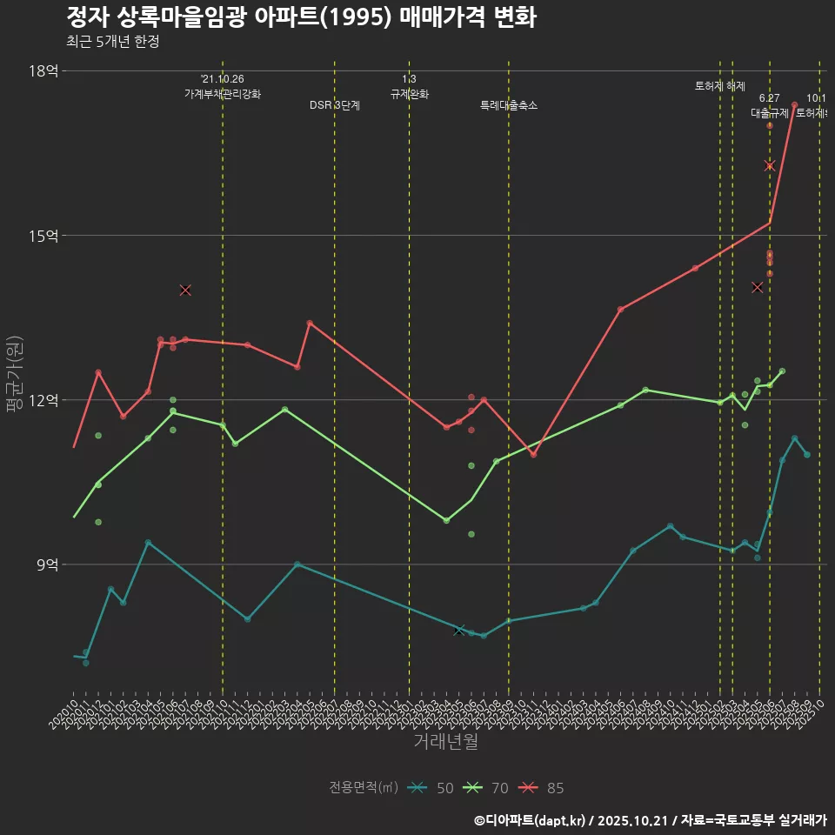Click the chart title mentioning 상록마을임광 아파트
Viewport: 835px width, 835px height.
point(301,17)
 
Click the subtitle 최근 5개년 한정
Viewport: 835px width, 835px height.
point(112,42)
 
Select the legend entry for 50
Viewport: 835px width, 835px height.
point(431,788)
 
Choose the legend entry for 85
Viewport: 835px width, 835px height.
point(542,788)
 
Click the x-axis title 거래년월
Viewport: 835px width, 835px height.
point(445,742)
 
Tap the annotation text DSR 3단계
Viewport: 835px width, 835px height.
point(335,105)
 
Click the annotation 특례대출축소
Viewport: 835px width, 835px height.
point(509,105)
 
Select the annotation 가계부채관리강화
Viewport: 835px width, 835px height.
point(223,94)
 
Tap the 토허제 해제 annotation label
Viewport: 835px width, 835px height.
point(720,86)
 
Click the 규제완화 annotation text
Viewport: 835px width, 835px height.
point(410,94)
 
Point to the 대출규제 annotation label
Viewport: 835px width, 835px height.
point(770,113)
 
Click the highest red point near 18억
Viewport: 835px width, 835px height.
point(795,105)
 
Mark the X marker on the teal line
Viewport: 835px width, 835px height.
point(459,630)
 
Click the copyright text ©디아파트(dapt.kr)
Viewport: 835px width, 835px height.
point(530,820)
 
